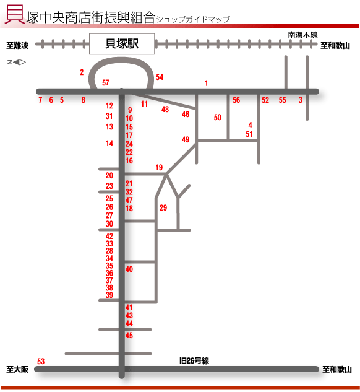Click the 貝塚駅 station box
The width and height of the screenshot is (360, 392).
pos(122,44)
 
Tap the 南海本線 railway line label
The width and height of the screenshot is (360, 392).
pos(302,35)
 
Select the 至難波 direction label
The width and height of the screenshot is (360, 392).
pos(17,45)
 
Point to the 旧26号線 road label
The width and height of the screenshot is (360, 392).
pos(194,361)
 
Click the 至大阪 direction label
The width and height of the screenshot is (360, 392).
pos(17,369)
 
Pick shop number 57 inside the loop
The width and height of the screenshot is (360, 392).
pos(106,83)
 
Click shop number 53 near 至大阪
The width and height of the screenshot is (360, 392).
pos(41,361)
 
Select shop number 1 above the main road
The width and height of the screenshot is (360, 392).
pos(206,83)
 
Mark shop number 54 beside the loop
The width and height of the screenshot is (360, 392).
pos(160,77)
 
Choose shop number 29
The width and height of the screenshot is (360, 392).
pos(163,207)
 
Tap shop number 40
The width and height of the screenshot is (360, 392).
pos(129,269)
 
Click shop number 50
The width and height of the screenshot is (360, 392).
pos(218,117)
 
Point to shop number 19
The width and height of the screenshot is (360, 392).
pos(159,167)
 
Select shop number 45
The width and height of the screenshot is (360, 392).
pos(129,335)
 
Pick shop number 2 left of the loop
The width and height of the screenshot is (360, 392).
pos(82,72)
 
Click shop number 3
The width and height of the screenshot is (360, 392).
pos(301,100)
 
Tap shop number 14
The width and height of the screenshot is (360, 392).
pos(109,143)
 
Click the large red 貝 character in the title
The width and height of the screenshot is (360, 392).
pos(15,14)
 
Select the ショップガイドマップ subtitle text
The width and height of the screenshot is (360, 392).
pos(193,19)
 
